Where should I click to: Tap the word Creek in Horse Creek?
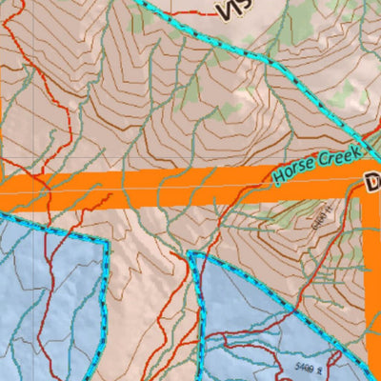coord(337,156)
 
